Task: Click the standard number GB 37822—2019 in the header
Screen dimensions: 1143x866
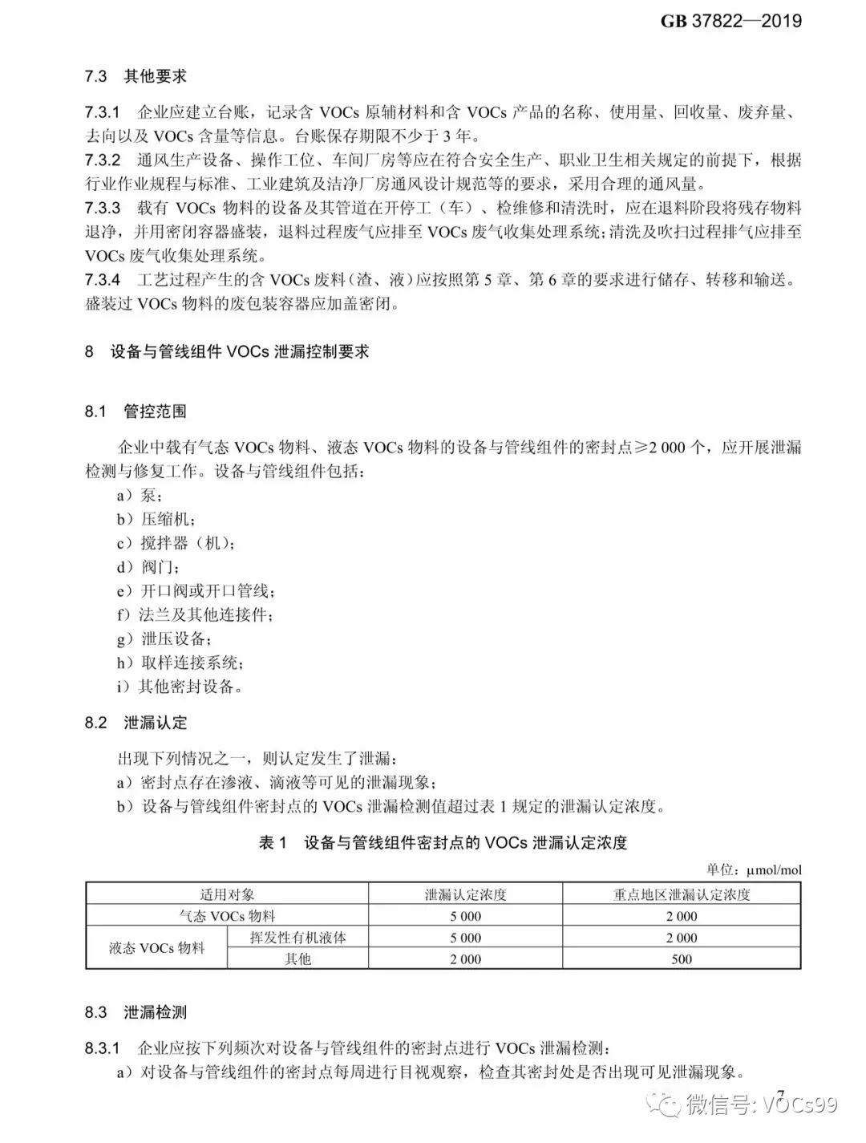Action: (730, 22)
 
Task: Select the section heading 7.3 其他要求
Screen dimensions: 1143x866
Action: (136, 76)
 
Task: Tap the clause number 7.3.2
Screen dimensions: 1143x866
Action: (103, 160)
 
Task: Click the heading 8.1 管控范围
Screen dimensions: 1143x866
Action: (136, 411)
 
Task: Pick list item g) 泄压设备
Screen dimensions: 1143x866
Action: (165, 639)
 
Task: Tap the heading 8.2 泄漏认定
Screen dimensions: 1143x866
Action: (136, 723)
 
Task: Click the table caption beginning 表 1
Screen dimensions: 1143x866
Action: (443, 842)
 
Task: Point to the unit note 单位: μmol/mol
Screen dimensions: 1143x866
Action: (753, 869)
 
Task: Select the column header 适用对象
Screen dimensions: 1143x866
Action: (227, 894)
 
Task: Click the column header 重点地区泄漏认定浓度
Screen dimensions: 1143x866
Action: (682, 894)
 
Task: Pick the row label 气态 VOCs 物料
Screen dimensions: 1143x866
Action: (227, 916)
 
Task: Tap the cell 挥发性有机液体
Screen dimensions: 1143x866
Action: (297, 937)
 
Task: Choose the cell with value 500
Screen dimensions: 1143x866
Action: (682, 959)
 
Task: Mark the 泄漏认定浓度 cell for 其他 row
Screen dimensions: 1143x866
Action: (465, 959)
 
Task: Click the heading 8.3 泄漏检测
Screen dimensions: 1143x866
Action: (136, 1012)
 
